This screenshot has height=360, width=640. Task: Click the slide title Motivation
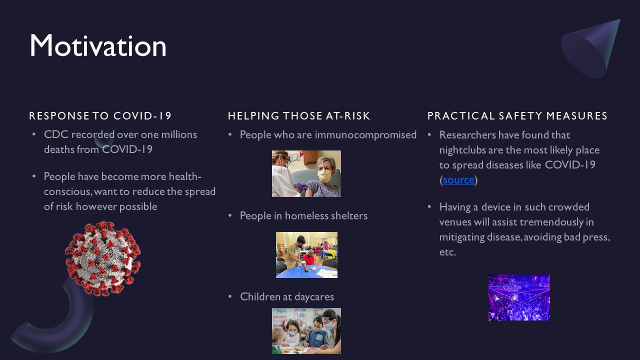[98, 45]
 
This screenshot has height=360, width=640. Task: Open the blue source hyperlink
[458, 180]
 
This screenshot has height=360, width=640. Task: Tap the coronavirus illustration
[103, 258]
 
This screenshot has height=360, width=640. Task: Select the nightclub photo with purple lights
[519, 297]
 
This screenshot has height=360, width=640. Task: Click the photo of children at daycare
[306, 331]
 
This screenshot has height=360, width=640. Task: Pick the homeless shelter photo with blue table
[306, 255]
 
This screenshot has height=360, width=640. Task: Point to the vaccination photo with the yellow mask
[306, 173]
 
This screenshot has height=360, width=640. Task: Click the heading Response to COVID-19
[100, 116]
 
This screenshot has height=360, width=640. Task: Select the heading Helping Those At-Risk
[299, 116]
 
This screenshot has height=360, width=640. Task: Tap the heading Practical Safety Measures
[517, 116]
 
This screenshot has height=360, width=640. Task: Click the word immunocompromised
[365, 135]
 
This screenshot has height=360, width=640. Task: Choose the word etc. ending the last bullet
[447, 252]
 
